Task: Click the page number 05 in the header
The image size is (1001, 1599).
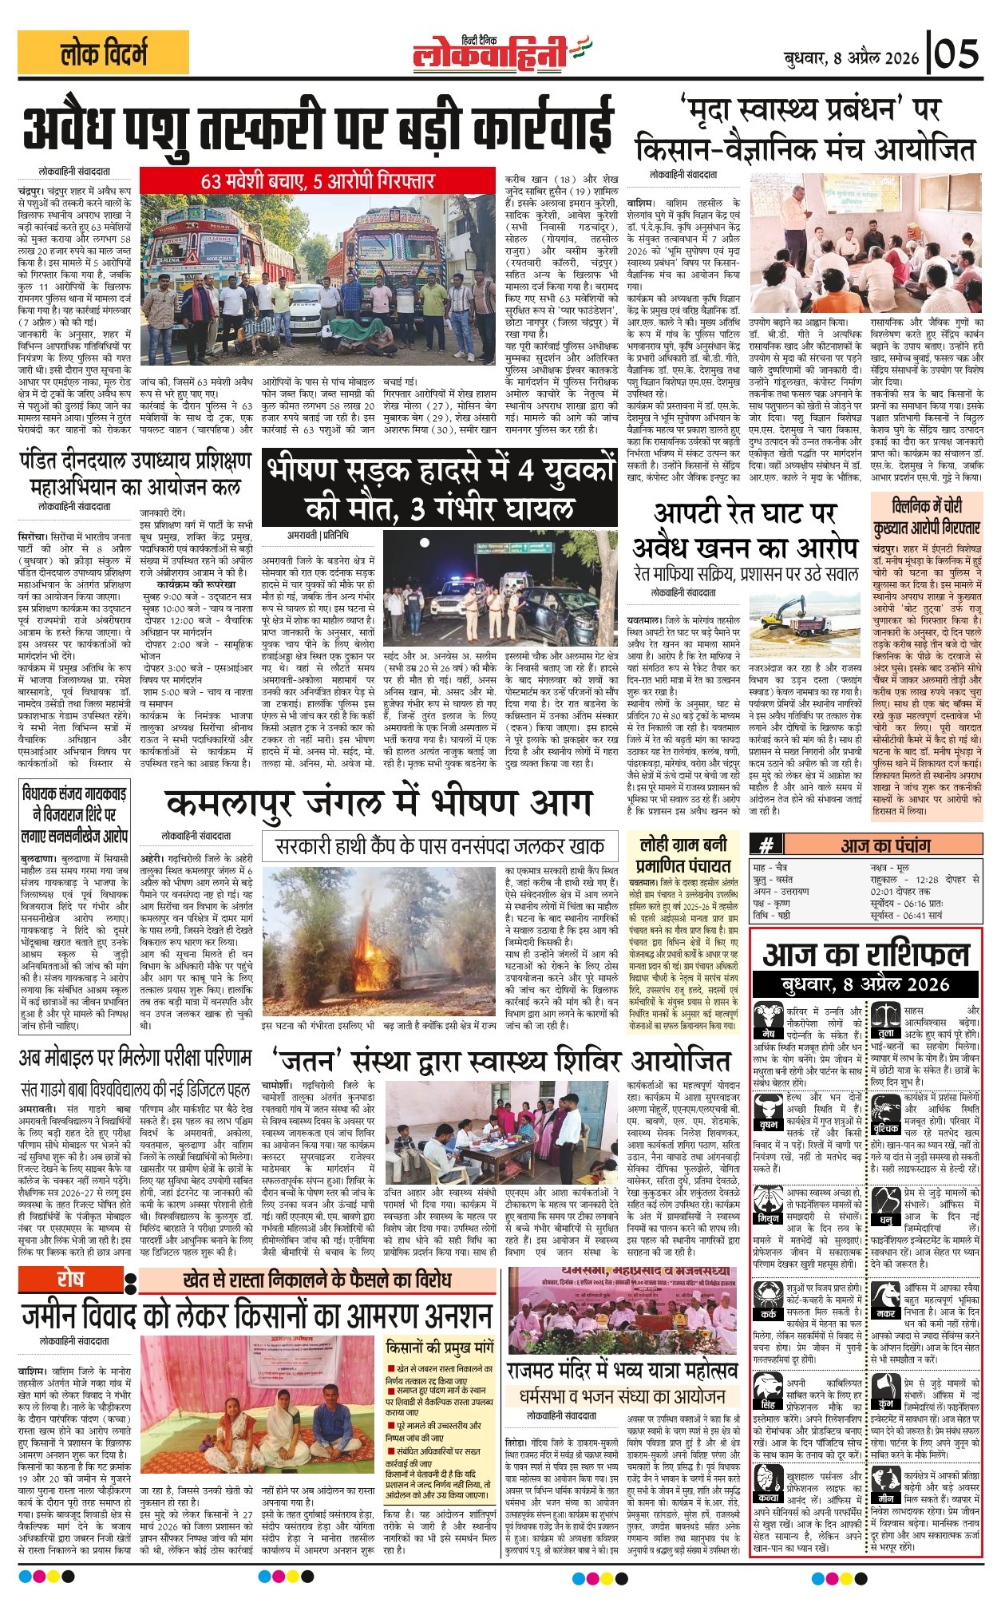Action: pos(957,54)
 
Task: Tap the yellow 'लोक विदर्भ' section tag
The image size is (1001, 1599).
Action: pos(103,54)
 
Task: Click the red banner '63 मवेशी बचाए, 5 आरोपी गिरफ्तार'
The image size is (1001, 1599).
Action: pos(317,180)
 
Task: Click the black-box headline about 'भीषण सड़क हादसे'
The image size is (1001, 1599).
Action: pos(440,489)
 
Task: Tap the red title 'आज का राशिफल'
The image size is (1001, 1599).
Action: pos(866,955)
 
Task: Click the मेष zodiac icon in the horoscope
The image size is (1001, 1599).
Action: pos(768,1019)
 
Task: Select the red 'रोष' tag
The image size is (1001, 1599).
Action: pos(70,1278)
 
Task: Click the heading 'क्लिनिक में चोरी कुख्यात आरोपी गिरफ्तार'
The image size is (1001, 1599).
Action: pos(927,516)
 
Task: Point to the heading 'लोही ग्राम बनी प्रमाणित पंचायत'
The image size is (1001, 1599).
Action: pos(682,853)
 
